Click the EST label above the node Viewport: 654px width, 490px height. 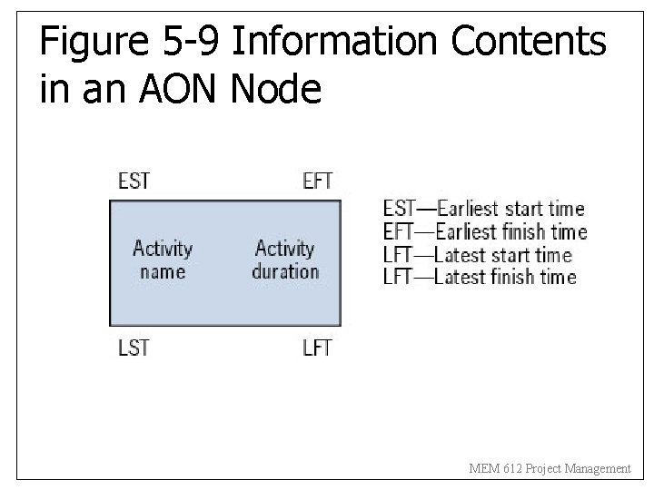(134, 181)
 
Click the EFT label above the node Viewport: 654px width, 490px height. (318, 181)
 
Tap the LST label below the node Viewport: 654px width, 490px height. (134, 348)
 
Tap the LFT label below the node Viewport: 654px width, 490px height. (318, 348)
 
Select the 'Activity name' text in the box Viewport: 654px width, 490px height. (163, 260)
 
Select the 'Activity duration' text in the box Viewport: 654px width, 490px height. (285, 260)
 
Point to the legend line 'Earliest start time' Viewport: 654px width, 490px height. (484, 210)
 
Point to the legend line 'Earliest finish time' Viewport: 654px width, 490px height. (485, 232)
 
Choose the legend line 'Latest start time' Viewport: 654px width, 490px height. (478, 255)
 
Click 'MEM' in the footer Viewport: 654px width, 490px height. (483, 469)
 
